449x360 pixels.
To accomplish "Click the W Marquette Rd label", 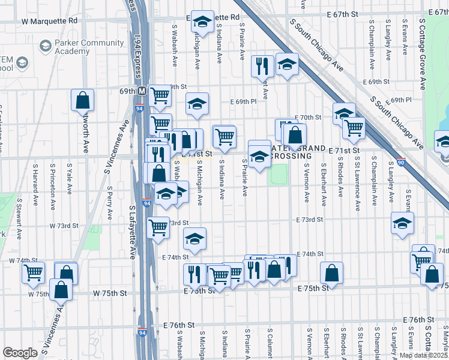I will [x=50, y=20].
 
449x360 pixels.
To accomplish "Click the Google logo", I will [x=20, y=353].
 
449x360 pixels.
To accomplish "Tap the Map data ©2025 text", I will [x=423, y=355].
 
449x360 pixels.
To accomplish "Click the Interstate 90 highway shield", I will [x=401, y=161].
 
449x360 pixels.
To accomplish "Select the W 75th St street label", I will [x=110, y=293].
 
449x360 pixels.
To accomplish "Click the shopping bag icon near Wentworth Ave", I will [x=83, y=100].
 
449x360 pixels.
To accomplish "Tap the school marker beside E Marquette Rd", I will [x=203, y=22].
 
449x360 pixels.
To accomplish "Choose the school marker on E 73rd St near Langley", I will [x=402, y=223].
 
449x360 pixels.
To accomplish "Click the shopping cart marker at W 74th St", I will [x=34, y=272].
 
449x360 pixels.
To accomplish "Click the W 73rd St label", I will [x=63, y=226].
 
